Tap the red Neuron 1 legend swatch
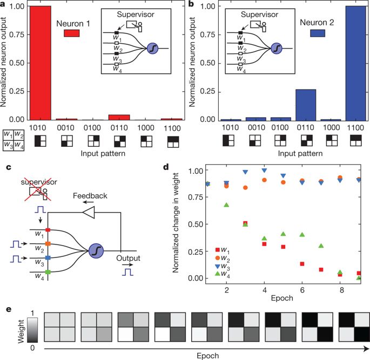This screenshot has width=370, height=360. tap(72, 33)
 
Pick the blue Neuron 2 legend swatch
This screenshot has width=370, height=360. tap(318, 33)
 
